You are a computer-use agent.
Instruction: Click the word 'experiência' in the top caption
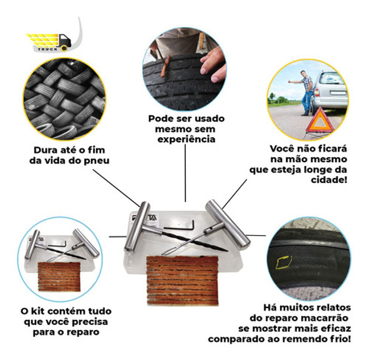186,140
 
